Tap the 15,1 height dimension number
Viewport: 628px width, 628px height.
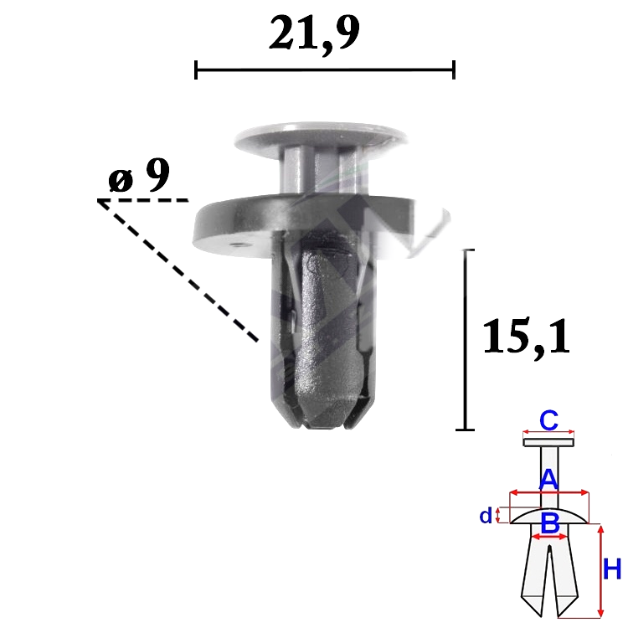[527, 337]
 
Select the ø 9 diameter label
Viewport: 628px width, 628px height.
[139, 176]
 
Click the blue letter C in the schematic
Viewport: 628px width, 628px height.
[548, 420]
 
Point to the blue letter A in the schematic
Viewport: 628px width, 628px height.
[548, 481]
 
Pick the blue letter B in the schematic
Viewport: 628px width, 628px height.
[550, 523]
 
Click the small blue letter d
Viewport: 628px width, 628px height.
[486, 516]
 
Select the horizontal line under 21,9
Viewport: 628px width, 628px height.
[325, 70]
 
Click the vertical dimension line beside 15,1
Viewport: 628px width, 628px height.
[466, 340]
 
